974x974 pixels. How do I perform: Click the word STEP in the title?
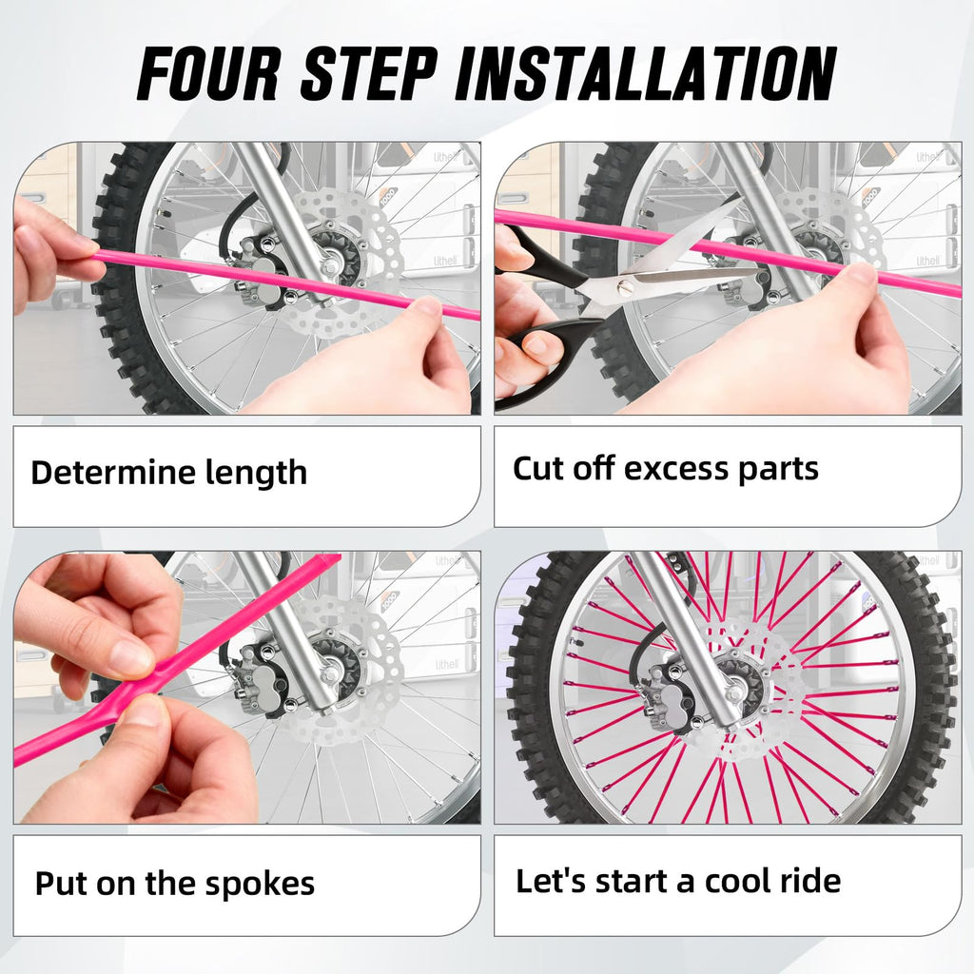pos(374,73)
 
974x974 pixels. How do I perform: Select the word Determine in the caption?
pos(113,473)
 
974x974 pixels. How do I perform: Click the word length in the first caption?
pos(256,473)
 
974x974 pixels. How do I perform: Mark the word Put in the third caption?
pos(56,884)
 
